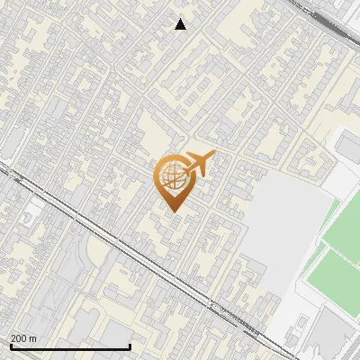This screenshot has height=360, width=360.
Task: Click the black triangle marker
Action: point(181,24)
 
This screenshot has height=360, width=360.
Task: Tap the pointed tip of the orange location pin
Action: point(173,212)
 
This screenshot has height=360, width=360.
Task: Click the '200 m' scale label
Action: point(23,338)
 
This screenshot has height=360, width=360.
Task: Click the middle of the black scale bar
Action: point(70,346)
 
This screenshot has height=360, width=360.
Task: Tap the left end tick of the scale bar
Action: point(10,346)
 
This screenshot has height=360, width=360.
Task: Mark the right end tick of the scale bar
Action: point(130,346)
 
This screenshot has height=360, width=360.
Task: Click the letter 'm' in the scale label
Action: point(32,338)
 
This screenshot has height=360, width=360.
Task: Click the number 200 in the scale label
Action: point(19,338)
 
